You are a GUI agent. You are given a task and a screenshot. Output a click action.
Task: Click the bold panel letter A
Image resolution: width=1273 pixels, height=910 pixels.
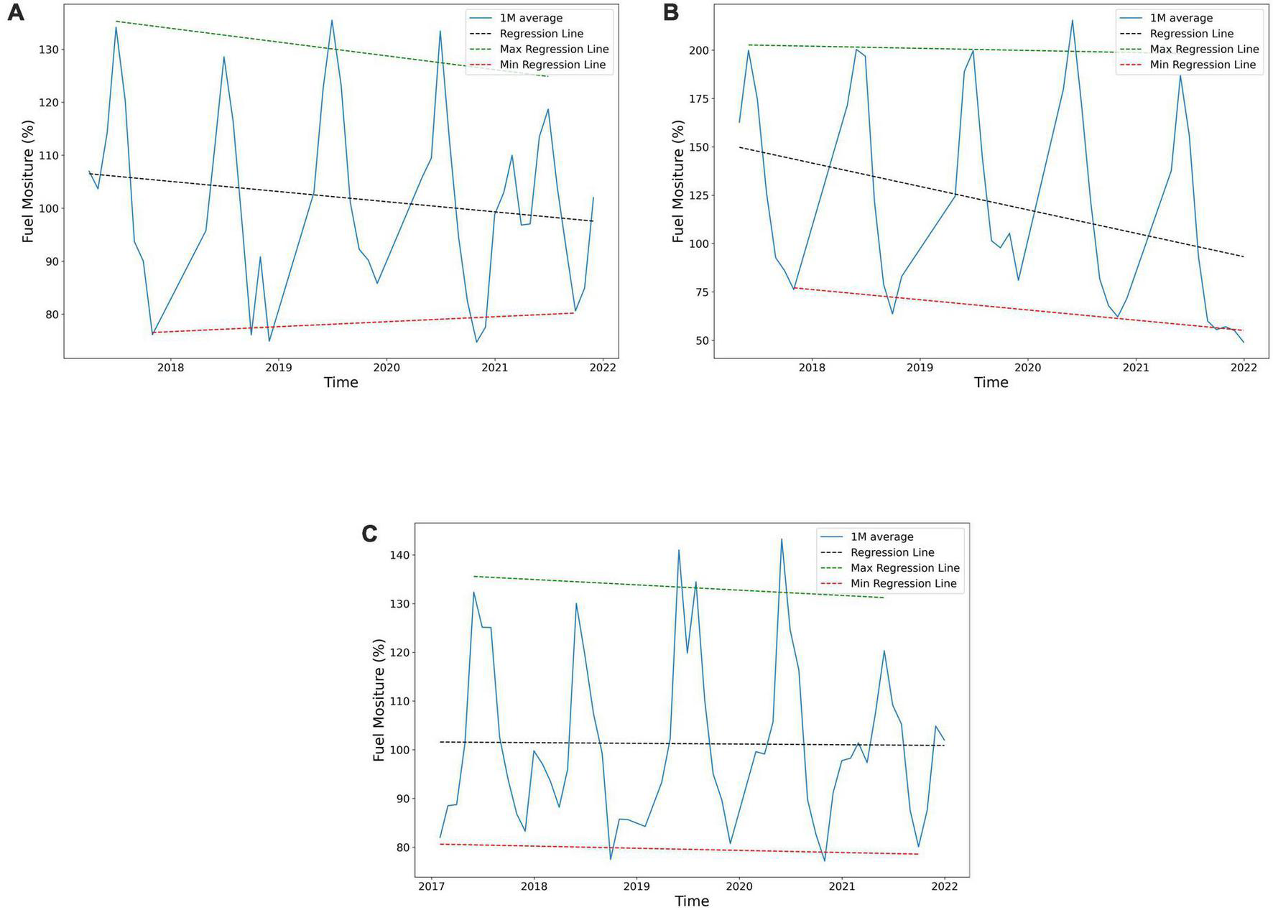tap(15, 13)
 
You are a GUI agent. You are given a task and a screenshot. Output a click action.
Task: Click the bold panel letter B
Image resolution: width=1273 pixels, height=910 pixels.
tap(670, 13)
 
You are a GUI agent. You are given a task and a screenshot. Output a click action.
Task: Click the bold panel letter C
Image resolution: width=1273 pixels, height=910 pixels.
tap(369, 534)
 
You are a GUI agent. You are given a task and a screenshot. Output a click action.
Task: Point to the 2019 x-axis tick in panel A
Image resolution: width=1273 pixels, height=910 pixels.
tap(279, 368)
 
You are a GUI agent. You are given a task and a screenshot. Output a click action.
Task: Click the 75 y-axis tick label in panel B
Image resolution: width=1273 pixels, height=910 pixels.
tap(700, 292)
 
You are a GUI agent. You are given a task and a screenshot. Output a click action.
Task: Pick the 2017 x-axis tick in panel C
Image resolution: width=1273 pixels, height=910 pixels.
tap(432, 886)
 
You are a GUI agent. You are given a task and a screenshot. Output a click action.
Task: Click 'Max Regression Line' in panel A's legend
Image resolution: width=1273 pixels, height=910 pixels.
tap(554, 50)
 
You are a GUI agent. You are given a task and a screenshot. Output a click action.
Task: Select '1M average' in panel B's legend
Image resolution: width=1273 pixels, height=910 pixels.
tap(1181, 18)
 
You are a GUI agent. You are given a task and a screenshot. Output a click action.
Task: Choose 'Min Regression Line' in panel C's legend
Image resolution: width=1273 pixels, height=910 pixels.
tap(903, 584)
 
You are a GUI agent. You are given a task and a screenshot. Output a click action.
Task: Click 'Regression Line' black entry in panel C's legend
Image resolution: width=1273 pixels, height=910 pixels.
tap(892, 552)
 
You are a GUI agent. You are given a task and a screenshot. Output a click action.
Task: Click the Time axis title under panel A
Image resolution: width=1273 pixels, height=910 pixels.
tap(341, 382)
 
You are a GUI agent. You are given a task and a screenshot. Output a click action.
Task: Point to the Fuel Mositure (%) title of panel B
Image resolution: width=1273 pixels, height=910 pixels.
tap(678, 181)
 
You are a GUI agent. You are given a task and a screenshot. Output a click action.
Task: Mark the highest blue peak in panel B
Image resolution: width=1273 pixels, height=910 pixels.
tap(1072, 20)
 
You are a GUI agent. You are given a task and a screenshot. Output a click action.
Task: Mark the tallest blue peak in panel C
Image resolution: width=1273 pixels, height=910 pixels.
tap(782, 539)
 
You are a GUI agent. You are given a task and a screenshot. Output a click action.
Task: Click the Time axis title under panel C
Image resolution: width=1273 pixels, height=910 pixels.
tap(692, 901)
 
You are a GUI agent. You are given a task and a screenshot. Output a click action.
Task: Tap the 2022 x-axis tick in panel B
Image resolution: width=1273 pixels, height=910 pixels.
tap(1244, 368)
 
